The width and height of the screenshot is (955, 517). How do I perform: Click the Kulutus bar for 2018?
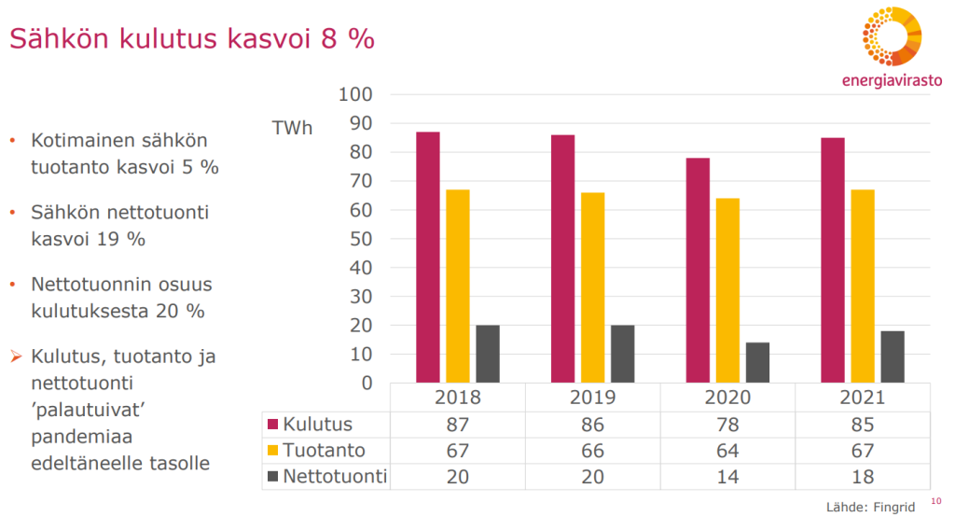point(428,257)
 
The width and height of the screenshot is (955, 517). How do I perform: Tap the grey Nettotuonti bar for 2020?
point(757,362)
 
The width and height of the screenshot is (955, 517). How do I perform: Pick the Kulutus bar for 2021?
point(833,259)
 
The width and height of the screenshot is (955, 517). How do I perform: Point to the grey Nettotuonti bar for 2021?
point(893,356)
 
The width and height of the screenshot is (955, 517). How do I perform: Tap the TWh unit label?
point(292,128)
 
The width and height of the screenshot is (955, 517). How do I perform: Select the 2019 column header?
point(592,398)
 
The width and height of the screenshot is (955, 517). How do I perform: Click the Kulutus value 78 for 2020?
point(727,426)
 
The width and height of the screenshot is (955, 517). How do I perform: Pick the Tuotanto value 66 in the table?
point(592,452)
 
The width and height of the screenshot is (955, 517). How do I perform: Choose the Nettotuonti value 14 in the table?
point(727,477)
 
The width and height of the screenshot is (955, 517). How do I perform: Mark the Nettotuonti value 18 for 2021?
point(863,477)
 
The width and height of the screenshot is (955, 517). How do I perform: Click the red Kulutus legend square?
point(273,426)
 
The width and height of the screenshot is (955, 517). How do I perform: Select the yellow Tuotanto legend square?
point(273,452)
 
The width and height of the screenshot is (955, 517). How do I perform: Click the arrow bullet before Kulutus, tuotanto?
point(14,356)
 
